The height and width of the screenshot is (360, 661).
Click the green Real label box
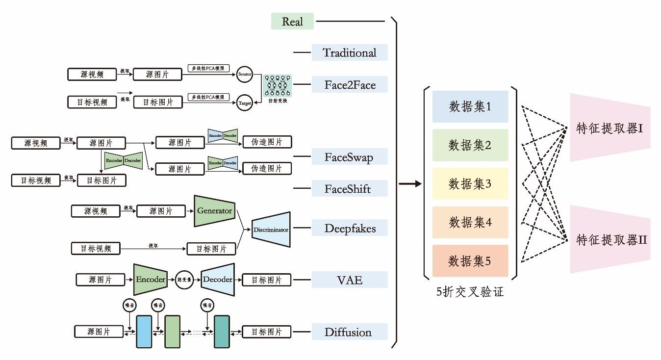(292, 21)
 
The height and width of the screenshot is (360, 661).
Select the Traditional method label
(350, 52)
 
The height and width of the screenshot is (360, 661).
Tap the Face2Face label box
(350, 85)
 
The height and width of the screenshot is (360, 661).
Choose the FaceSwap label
(350, 157)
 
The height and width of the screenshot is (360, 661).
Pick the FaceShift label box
(350, 189)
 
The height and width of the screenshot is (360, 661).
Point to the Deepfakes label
(350, 228)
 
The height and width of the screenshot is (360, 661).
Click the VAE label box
(350, 280)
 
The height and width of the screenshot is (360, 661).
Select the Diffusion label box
(350, 332)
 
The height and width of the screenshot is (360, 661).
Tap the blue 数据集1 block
(470, 106)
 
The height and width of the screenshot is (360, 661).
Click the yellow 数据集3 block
(470, 184)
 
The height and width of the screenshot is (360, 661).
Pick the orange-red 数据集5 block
(470, 261)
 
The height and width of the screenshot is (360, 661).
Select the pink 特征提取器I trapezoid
(610, 128)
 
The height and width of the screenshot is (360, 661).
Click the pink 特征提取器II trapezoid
(610, 239)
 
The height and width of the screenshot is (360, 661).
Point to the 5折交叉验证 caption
(470, 293)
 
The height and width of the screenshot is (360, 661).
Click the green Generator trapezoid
(214, 211)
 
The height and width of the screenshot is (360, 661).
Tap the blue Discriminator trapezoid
(271, 229)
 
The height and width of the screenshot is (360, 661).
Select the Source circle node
(244, 74)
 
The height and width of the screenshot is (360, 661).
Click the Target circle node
(244, 103)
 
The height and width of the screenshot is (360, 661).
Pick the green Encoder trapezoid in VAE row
(151, 280)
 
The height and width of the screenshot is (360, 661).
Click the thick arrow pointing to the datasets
(410, 184)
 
